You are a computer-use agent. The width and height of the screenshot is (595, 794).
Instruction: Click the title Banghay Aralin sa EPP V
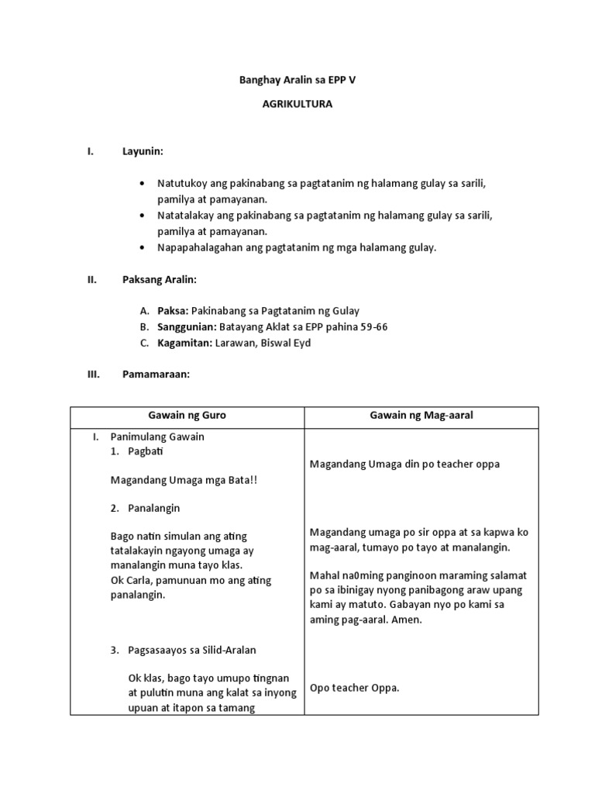pyautogui.click(x=297, y=80)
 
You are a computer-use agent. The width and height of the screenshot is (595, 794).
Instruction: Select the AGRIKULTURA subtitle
pyautogui.click(x=297, y=104)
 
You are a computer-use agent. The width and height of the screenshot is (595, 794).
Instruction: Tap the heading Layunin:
pyautogui.click(x=143, y=152)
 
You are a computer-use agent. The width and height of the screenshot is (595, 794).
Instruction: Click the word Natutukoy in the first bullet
pyautogui.click(x=183, y=183)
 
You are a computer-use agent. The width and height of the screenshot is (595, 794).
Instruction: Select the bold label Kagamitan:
pyautogui.click(x=185, y=343)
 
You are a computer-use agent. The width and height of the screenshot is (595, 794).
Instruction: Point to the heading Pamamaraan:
pyautogui.click(x=156, y=375)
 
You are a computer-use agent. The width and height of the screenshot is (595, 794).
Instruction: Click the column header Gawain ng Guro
pyautogui.click(x=187, y=416)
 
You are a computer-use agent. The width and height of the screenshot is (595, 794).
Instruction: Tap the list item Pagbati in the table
pyautogui.click(x=145, y=451)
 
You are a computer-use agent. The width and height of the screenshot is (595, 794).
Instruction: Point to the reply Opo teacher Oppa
pyautogui.click(x=354, y=687)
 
